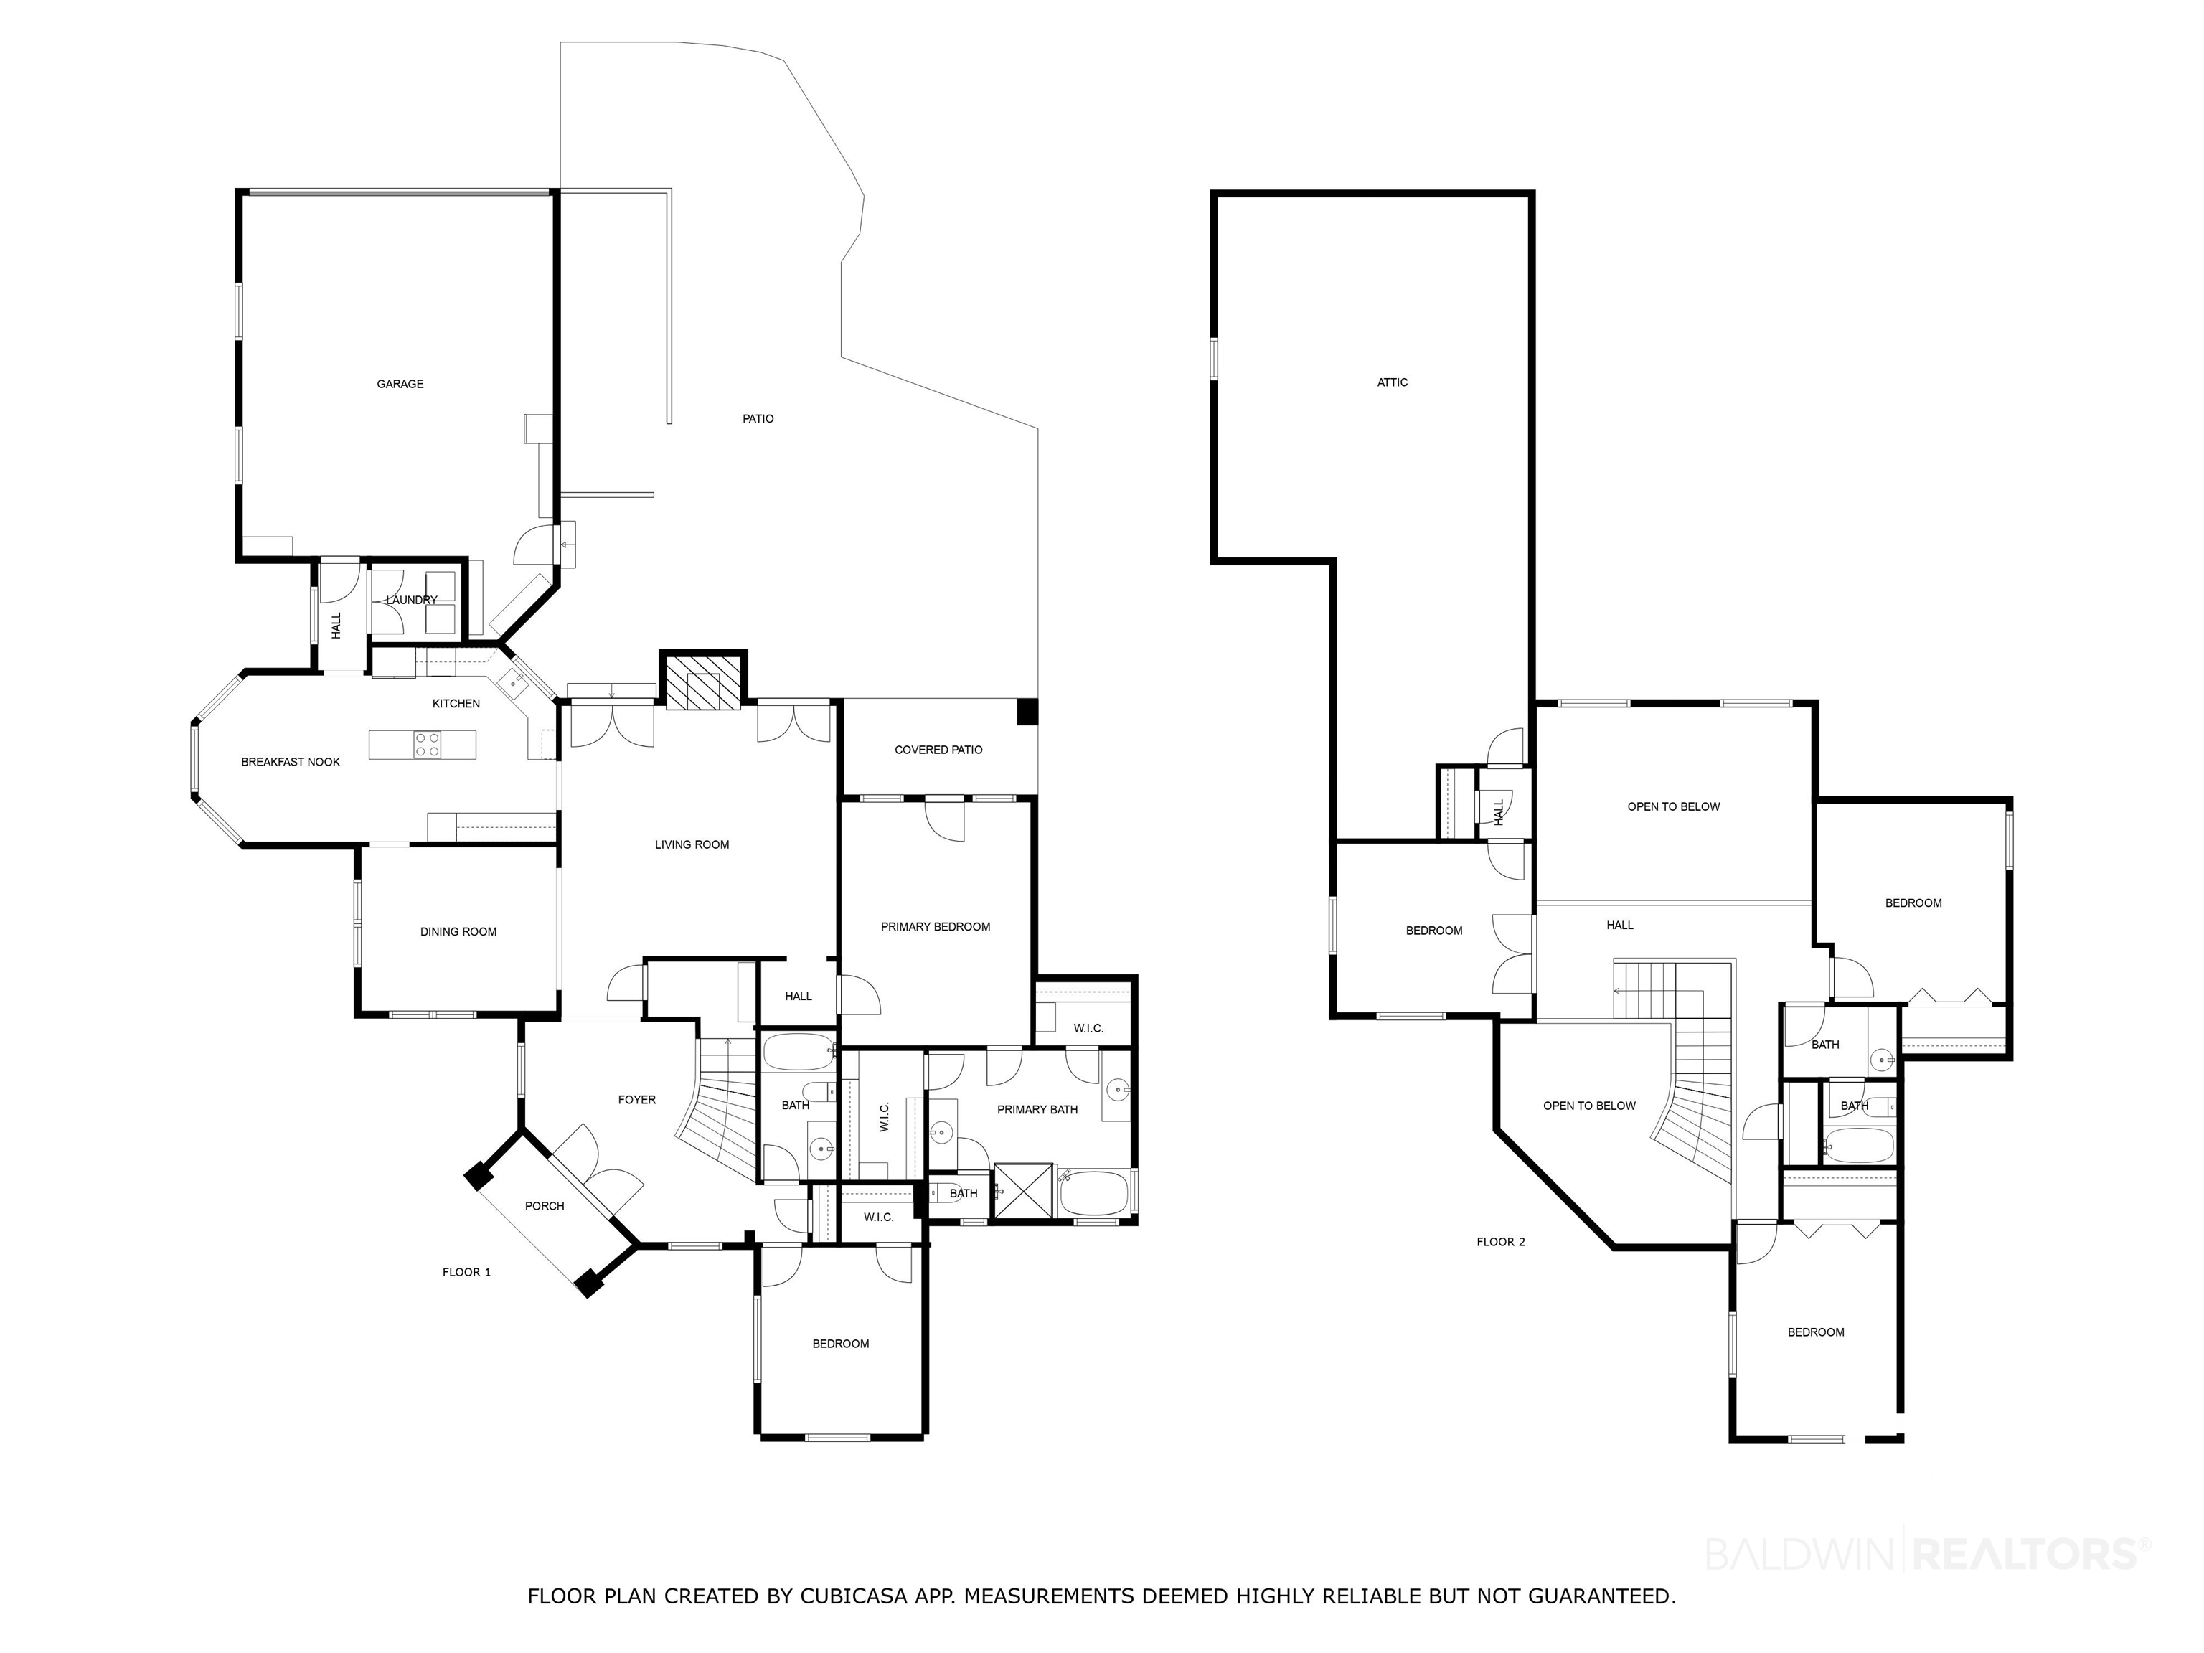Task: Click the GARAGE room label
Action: pyautogui.click(x=400, y=384)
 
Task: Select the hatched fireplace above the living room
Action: pyautogui.click(x=703, y=682)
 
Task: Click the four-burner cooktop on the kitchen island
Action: pyautogui.click(x=428, y=744)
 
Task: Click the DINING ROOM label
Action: pyautogui.click(x=458, y=932)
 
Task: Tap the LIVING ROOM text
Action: pyautogui.click(x=692, y=845)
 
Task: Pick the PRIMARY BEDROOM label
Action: pyautogui.click(x=935, y=927)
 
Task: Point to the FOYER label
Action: pyautogui.click(x=636, y=1100)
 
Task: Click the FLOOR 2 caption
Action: pyautogui.click(x=1501, y=1241)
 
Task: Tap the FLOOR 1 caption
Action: pyautogui.click(x=466, y=1271)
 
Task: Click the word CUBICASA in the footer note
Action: pyautogui.click(x=854, y=1596)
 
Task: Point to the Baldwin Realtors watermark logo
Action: pyautogui.click(x=1928, y=1553)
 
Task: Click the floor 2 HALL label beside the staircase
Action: pyautogui.click(x=1619, y=925)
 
